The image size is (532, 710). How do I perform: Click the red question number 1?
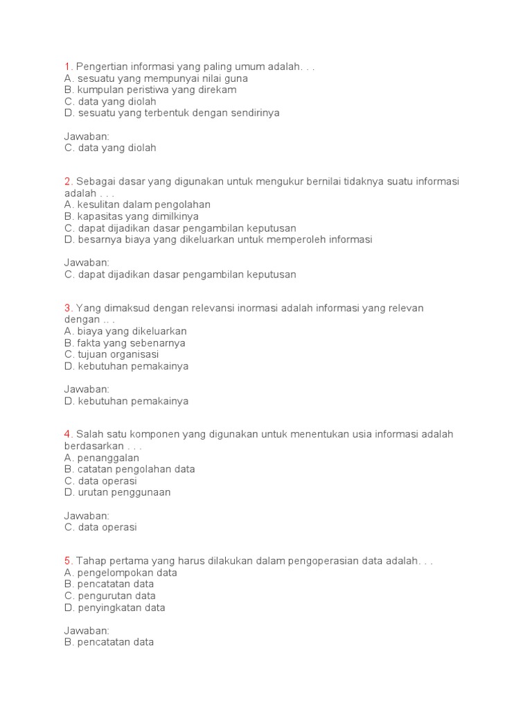(x=67, y=67)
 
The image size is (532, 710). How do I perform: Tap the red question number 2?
(x=68, y=182)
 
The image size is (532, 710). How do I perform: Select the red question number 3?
(x=68, y=308)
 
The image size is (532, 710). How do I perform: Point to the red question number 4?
(x=68, y=435)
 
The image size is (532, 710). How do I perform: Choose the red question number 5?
(x=68, y=561)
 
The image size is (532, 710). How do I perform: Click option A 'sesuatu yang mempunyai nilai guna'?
(x=156, y=78)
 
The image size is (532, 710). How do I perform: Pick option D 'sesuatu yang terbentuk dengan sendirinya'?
(x=172, y=113)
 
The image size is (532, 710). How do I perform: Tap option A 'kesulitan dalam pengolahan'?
(x=137, y=205)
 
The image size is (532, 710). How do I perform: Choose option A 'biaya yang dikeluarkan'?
(x=125, y=331)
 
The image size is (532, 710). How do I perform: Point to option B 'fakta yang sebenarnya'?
(x=125, y=343)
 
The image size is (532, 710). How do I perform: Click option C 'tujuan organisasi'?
(x=112, y=354)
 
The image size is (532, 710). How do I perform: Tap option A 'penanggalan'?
(x=102, y=458)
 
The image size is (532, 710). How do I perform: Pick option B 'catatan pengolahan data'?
(x=130, y=469)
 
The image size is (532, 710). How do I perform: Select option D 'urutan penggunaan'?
(x=117, y=492)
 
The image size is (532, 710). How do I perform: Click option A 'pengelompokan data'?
(x=121, y=573)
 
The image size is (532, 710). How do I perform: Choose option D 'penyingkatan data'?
(x=115, y=607)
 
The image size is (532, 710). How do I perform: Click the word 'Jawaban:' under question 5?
(x=87, y=630)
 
